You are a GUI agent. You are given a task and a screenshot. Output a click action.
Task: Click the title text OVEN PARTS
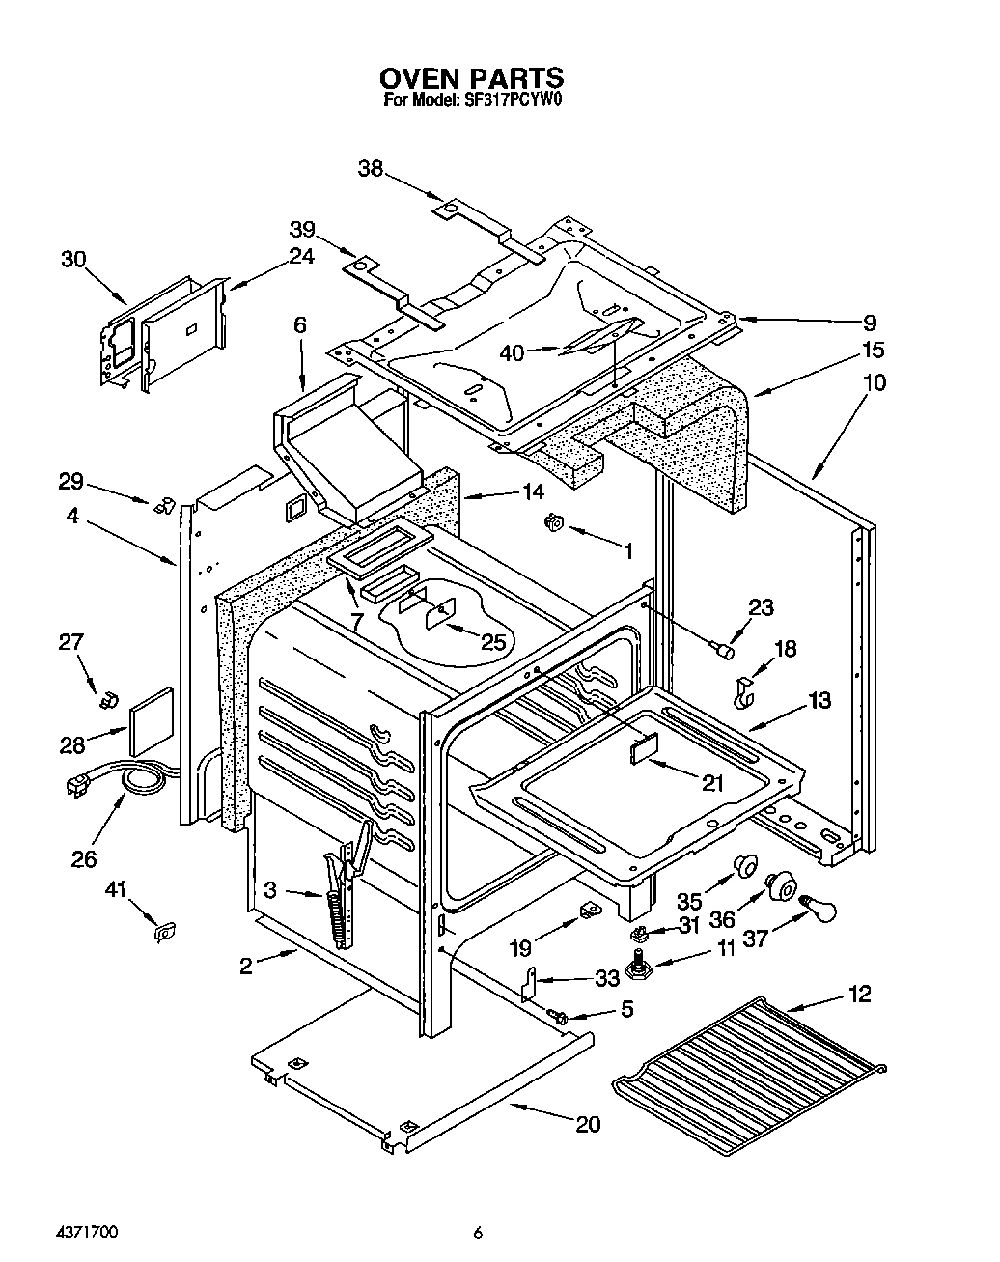[x=470, y=77]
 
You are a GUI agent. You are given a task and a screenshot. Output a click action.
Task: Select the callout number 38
[x=370, y=169]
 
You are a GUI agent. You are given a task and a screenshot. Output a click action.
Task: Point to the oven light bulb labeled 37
[x=817, y=907]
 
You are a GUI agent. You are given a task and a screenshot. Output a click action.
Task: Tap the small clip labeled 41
[x=165, y=932]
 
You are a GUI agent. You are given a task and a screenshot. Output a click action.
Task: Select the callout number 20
[x=588, y=1124]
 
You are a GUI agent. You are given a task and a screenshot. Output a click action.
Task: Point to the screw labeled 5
[x=556, y=1014]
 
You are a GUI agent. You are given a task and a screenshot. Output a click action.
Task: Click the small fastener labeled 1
[x=555, y=523]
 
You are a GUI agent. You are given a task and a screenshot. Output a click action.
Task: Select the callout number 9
[x=869, y=323]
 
